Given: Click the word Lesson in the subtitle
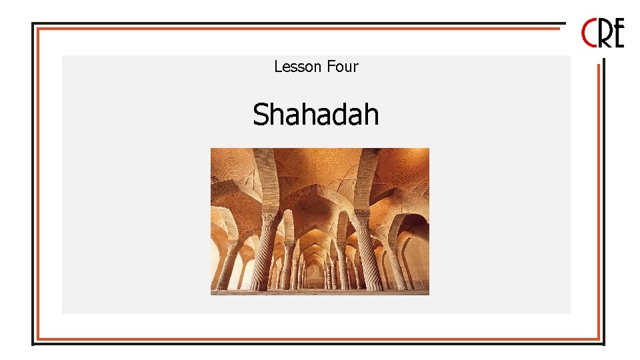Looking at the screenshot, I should (298, 67).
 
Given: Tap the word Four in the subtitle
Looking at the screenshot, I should (343, 67).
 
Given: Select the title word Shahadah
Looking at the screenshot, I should (315, 115).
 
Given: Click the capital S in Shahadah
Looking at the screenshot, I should (261, 115).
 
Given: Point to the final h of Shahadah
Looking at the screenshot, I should (371, 115).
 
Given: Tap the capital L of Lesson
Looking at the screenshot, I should (277, 67).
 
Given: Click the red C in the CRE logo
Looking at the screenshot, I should (590, 33).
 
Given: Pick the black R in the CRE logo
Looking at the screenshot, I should (604, 33).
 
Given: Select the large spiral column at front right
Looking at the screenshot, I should (369, 253).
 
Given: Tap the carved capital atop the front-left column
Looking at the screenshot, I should (269, 217).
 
